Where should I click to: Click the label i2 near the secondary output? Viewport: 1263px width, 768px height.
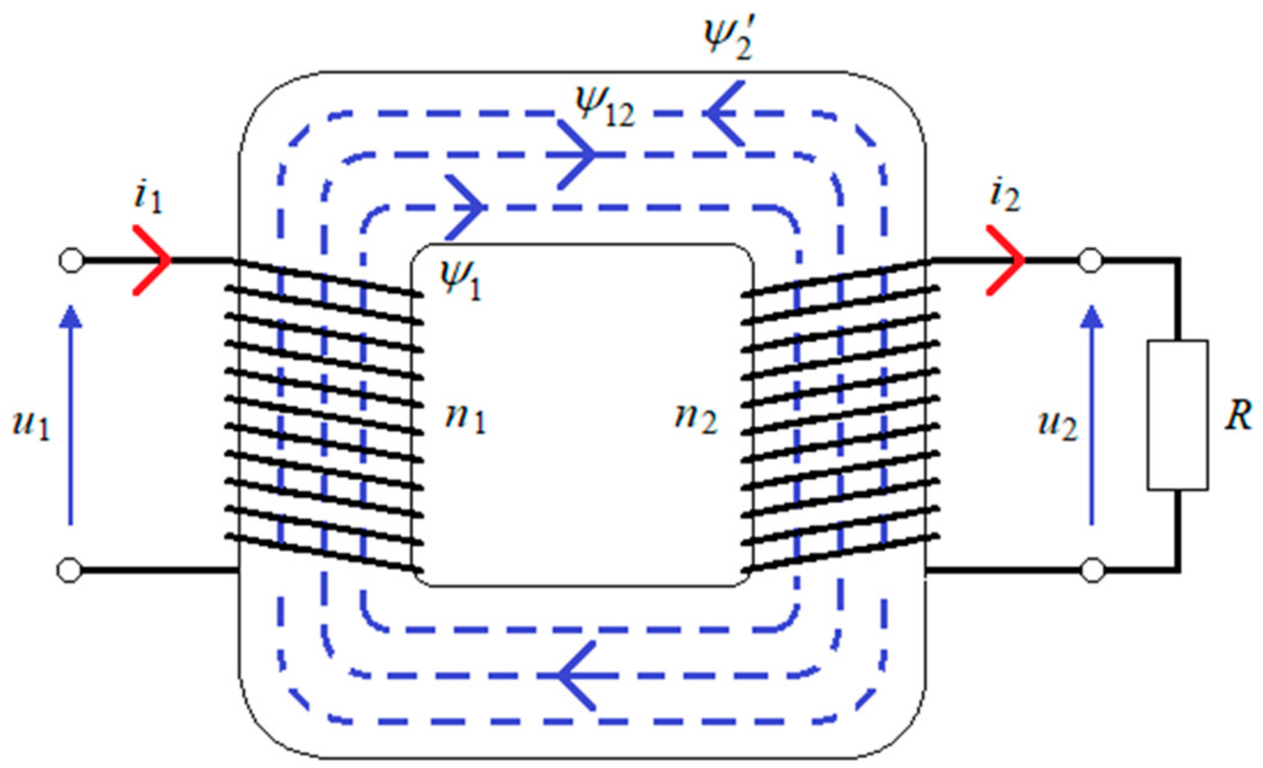click(1005, 196)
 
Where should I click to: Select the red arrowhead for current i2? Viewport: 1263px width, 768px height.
click(1009, 260)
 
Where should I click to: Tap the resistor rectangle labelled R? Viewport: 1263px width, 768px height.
click(1177, 415)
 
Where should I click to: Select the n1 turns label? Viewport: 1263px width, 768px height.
click(465, 417)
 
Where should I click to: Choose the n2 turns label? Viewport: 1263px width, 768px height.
click(696, 417)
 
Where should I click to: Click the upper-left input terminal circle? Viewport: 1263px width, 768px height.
click(71, 260)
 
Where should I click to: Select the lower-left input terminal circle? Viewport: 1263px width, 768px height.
click(69, 570)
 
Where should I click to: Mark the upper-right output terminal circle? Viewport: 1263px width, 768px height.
click(1091, 261)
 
